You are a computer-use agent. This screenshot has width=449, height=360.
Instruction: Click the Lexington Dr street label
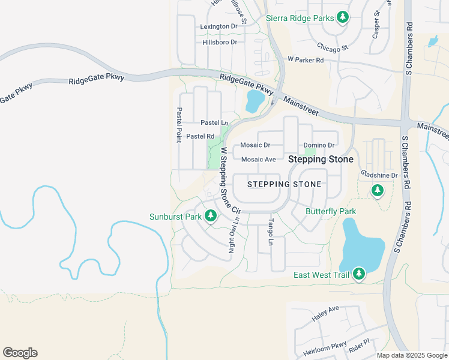coord(219,26)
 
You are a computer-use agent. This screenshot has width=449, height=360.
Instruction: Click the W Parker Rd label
coord(306,60)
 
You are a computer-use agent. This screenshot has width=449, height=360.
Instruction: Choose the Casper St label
coord(376,24)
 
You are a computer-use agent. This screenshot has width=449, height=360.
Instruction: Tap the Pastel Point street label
coord(179,125)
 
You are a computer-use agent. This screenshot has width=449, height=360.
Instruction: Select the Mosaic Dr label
coord(255,145)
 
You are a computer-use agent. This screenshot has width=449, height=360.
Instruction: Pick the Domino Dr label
coord(319,145)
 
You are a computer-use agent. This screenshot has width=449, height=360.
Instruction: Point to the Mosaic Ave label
coord(258,160)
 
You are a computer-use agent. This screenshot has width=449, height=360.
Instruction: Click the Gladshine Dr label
coord(379,175)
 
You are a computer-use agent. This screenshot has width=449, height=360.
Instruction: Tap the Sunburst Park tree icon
coord(210,215)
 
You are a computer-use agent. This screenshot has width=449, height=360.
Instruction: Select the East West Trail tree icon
coord(359,274)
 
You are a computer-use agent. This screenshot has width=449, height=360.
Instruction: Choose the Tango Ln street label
coord(271,233)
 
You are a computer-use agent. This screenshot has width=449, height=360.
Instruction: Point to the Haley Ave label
coord(325,312)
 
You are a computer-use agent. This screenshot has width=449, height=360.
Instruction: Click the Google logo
coord(20,353)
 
